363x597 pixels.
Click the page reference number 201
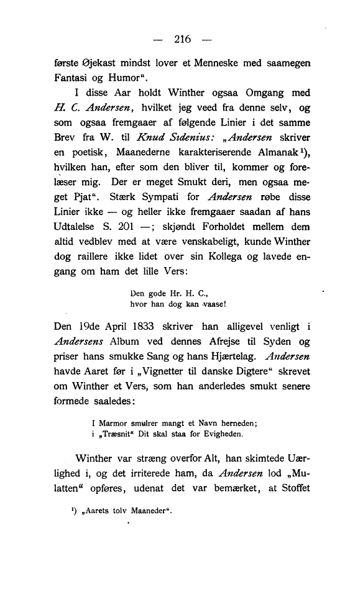tap(144, 228)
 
